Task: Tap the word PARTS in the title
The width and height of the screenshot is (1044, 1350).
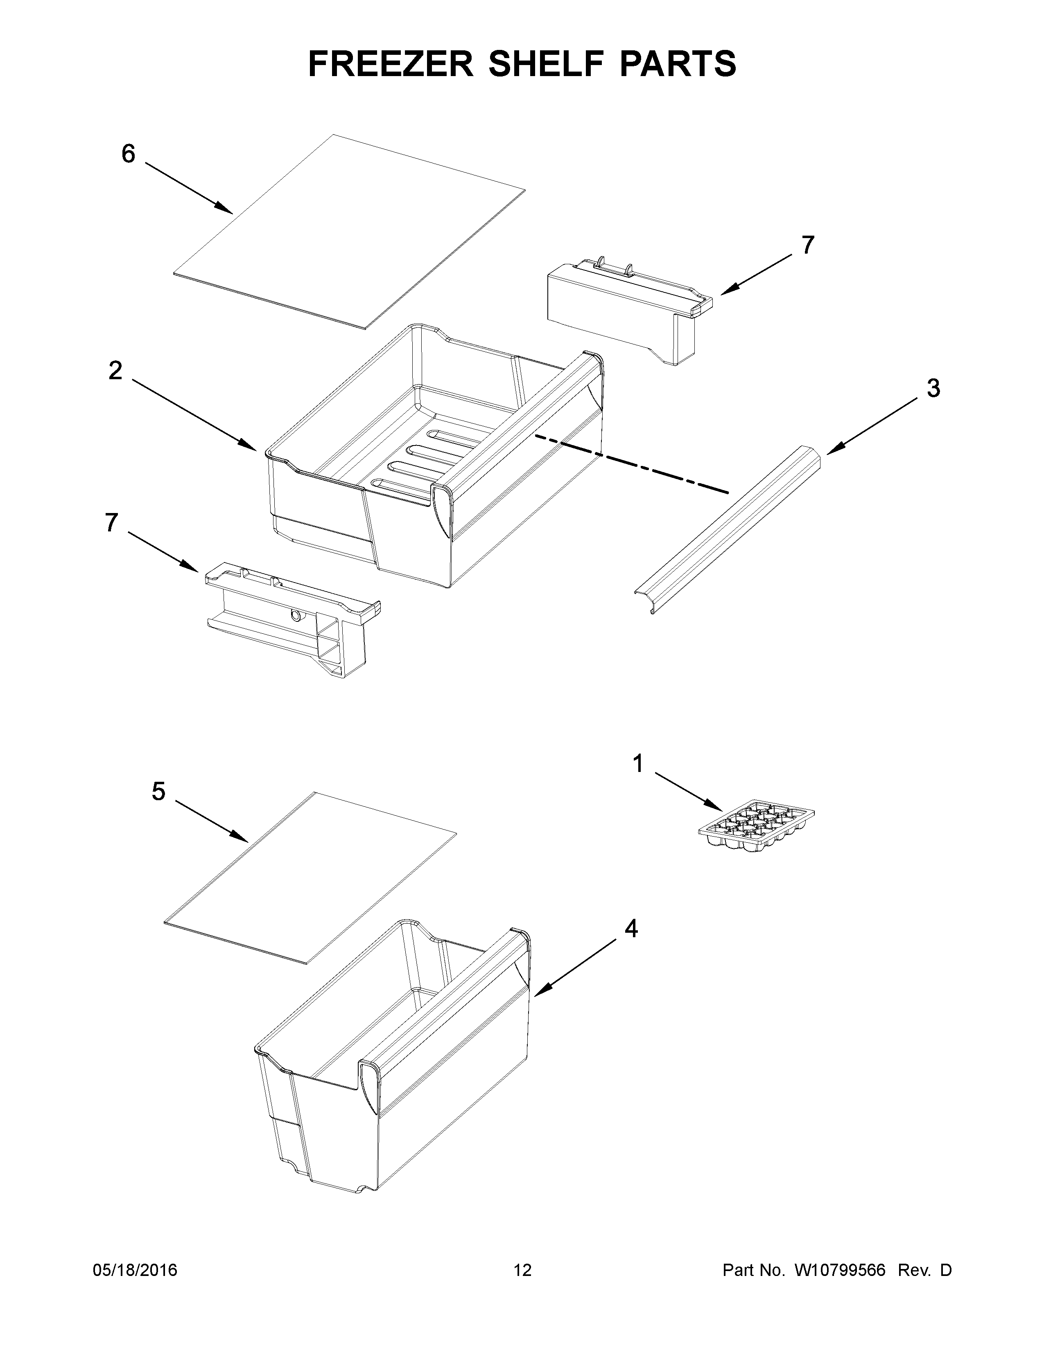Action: [x=675, y=64]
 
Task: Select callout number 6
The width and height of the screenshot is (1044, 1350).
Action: [x=128, y=154]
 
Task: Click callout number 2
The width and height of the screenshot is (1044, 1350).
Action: [x=115, y=371]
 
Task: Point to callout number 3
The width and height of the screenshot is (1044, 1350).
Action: [x=933, y=388]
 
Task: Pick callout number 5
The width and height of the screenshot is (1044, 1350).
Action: [x=159, y=791]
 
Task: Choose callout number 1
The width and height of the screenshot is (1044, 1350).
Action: [x=637, y=764]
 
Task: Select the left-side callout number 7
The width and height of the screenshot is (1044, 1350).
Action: [x=111, y=523]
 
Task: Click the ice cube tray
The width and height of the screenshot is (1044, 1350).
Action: [x=756, y=827]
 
